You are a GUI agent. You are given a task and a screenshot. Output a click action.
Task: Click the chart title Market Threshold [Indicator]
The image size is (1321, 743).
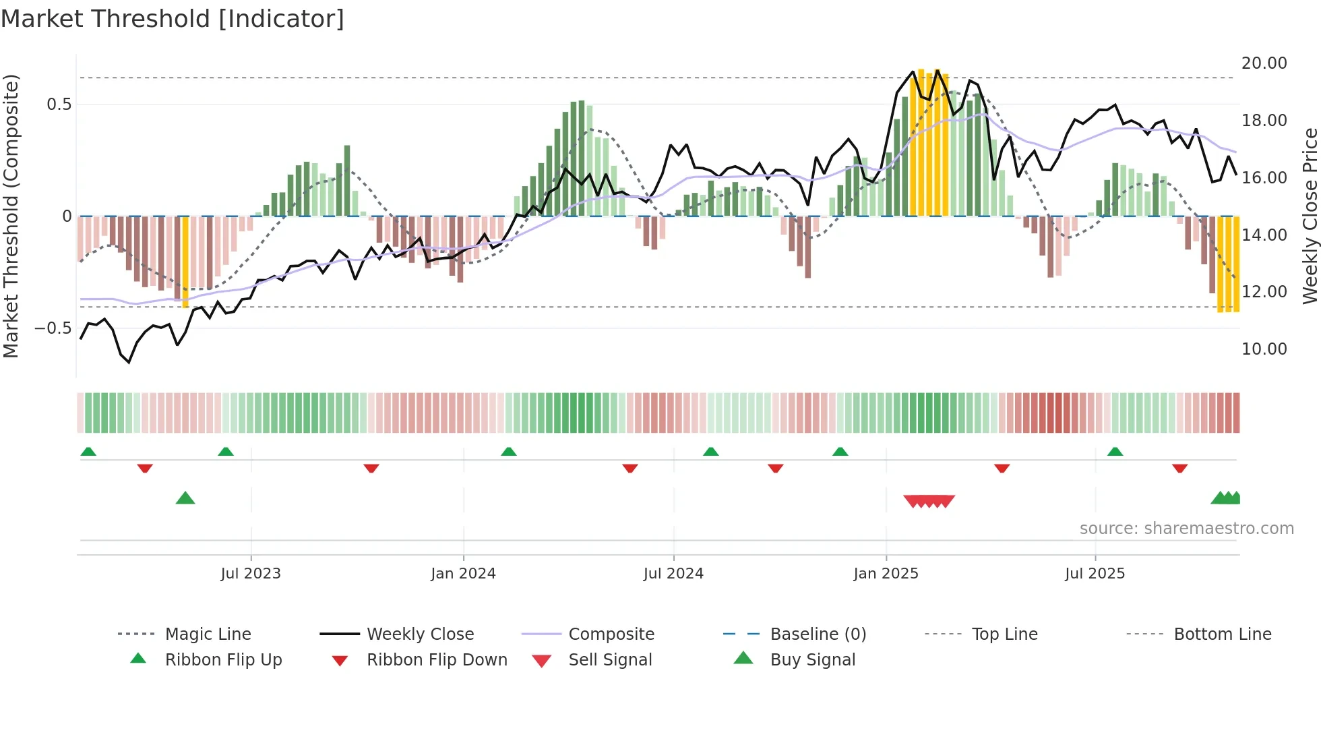[173, 19]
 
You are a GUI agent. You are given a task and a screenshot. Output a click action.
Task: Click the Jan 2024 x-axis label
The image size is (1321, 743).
[463, 573]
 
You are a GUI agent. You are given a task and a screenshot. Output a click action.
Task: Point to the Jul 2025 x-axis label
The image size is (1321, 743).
[1095, 573]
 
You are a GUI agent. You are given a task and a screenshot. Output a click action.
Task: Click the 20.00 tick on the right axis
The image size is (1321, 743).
[1264, 63]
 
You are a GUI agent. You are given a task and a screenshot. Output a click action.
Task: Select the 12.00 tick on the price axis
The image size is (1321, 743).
[1264, 291]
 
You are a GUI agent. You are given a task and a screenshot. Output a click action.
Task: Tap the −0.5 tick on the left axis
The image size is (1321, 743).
[53, 328]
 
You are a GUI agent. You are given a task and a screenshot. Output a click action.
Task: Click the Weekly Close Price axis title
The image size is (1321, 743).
[1310, 216]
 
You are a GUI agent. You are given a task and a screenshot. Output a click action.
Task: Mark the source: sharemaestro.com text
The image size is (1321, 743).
[1186, 528]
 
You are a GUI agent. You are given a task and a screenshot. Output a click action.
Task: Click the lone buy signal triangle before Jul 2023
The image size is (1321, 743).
[185, 498]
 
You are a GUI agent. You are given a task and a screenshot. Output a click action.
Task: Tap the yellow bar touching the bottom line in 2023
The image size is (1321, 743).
[185, 263]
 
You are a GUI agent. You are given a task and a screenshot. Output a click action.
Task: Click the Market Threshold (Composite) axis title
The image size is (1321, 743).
[11, 216]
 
